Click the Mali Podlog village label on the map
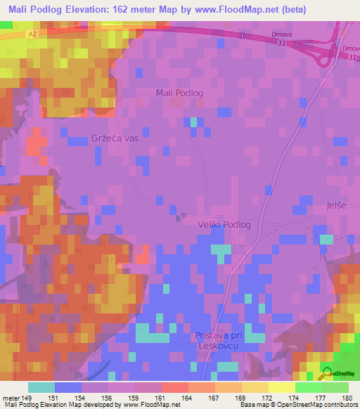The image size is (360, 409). [179, 93]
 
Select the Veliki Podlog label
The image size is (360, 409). [229, 225]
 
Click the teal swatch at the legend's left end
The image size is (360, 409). [41, 387]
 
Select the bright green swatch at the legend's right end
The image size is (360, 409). [335, 387]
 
